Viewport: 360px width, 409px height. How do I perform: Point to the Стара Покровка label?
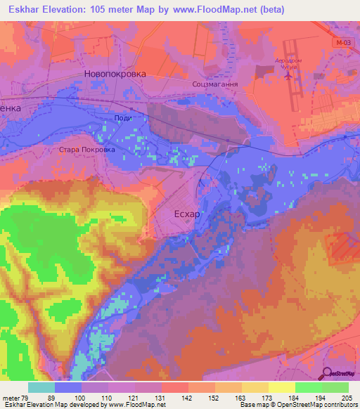coord(86,149)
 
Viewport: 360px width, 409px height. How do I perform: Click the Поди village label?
coord(123,117)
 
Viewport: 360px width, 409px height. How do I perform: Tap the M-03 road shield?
coord(342,42)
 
